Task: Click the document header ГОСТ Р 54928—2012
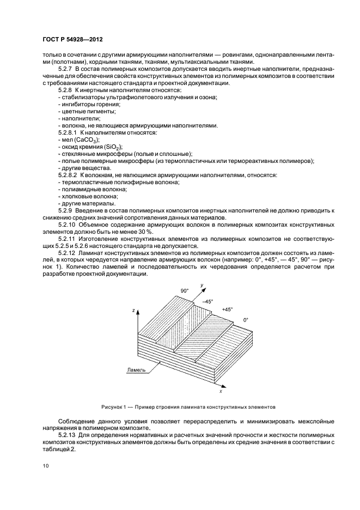(73, 40)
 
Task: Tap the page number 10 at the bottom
(45, 465)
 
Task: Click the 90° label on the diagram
(184, 290)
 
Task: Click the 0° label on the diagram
(246, 320)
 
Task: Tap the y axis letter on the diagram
(202, 285)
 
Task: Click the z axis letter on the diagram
(133, 309)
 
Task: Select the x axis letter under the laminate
(220, 391)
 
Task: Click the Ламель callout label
(136, 369)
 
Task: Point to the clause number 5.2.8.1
(68, 132)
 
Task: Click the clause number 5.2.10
(67, 224)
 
